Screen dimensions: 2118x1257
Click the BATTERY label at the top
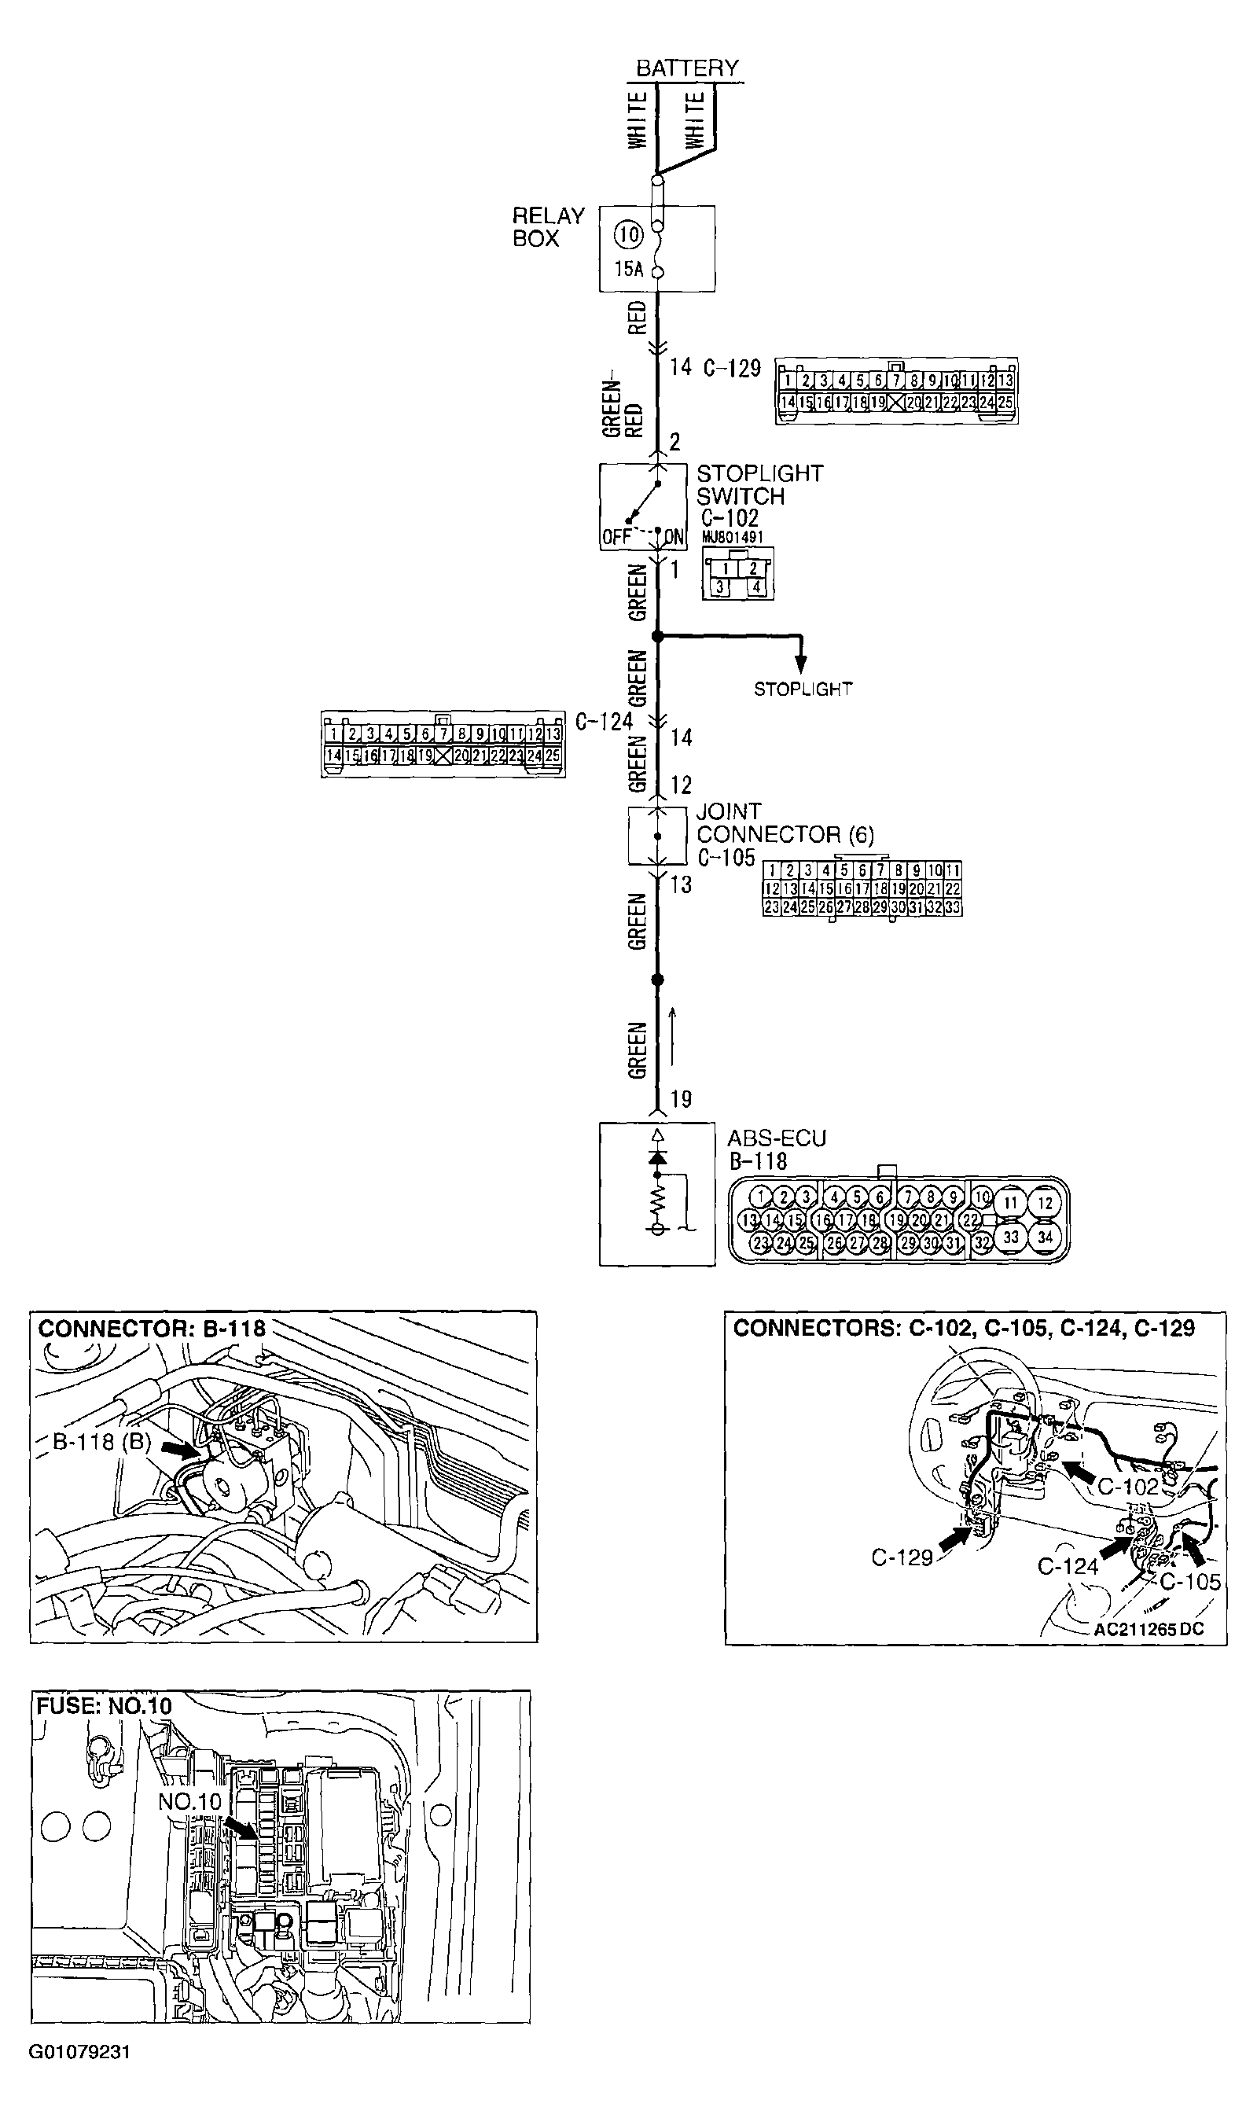pos(687,68)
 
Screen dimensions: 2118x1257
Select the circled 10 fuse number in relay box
pos(627,234)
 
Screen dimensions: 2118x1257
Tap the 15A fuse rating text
pos(629,270)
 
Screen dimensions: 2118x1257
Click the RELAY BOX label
pos(548,227)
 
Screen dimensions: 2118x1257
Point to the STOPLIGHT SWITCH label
pos(759,484)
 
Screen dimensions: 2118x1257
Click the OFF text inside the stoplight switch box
pos(616,537)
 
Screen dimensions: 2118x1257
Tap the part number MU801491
pos(732,537)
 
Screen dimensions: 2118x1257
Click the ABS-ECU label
pos(776,1138)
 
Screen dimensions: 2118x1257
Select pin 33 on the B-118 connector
pos(1010,1237)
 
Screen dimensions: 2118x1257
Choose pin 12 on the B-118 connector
pos(1045,1203)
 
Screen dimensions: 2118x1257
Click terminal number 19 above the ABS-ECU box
pos(681,1099)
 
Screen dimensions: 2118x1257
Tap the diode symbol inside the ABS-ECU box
pos(657,1156)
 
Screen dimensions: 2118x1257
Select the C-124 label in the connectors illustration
pos(1068,1566)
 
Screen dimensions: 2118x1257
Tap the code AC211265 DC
pos(1148,1629)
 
